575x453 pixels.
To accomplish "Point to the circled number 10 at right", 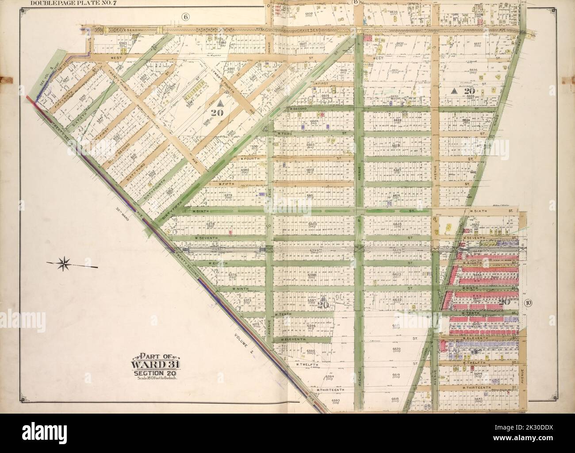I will pos(529,303).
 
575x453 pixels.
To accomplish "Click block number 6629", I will pos(397,120).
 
